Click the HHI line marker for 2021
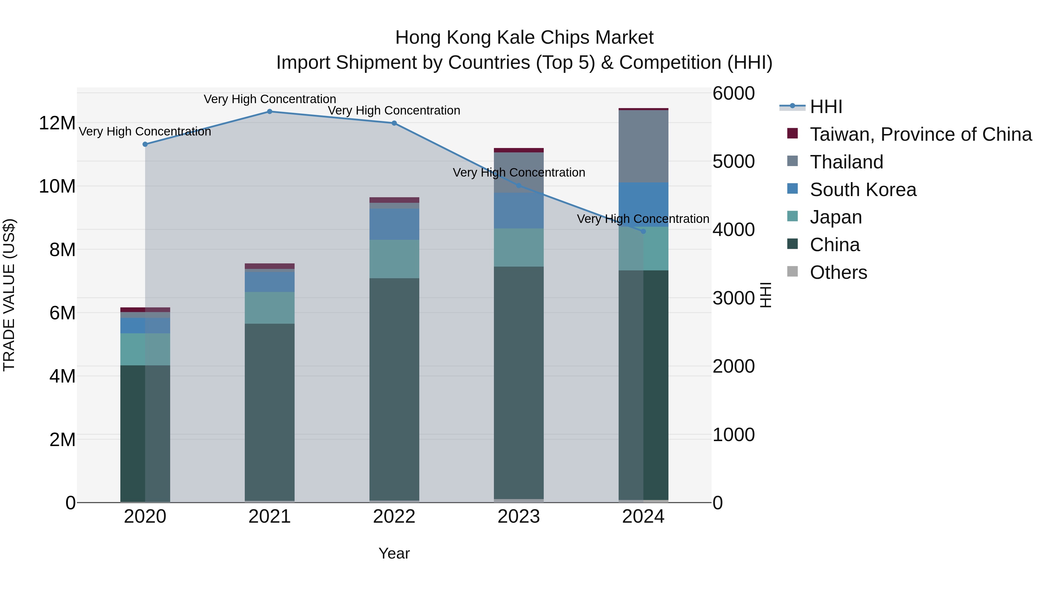[270, 111]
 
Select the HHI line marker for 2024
[643, 231]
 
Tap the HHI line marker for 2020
[145, 144]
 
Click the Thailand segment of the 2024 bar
[643, 147]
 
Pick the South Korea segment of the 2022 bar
[394, 224]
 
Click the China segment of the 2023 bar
[519, 383]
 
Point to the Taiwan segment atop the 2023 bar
[519, 150]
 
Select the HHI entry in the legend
[826, 107]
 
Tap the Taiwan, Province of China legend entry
[920, 134]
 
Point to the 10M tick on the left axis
[57, 186]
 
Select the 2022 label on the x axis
[394, 517]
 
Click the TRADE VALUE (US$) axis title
[9, 295]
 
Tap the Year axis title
[394, 553]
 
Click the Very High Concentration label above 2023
[519, 173]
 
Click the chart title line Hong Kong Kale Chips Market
[524, 38]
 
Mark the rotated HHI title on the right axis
[765, 295]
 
